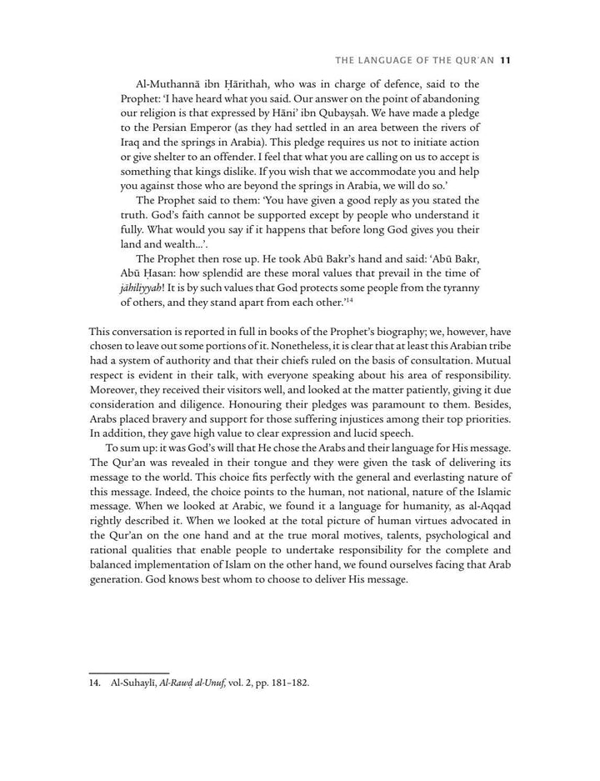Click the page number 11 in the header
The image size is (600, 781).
(x=505, y=59)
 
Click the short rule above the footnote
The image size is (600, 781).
(x=129, y=670)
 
